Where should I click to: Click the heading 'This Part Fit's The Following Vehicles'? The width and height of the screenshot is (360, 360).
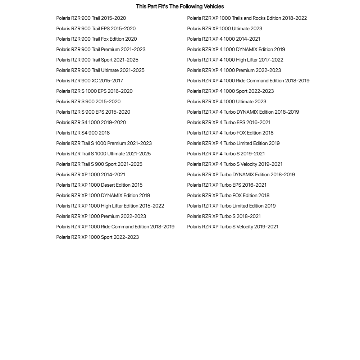[180, 6]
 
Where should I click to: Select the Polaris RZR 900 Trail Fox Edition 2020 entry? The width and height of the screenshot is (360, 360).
[96, 39]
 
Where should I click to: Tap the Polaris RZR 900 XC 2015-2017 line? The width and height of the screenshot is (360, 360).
[90, 81]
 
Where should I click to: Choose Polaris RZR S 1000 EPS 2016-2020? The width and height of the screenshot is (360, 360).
[94, 91]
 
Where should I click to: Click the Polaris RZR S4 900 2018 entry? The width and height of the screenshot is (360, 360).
[83, 133]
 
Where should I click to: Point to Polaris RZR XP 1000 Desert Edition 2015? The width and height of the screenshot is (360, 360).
[99, 185]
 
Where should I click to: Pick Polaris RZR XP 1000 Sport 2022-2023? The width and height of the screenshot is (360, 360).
[97, 237]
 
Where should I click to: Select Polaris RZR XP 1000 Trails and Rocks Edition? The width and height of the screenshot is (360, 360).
[247, 18]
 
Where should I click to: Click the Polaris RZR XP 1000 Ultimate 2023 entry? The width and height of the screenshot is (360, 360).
[224, 28]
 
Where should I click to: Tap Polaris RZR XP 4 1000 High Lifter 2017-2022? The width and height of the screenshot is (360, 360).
[235, 60]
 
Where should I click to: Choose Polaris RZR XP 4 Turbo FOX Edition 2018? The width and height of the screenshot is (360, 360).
[230, 133]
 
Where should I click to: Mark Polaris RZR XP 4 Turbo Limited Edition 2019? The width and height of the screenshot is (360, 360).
[233, 143]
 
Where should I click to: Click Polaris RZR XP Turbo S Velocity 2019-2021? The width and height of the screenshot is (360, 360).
[233, 227]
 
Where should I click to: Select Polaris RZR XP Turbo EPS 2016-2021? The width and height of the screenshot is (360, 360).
[227, 185]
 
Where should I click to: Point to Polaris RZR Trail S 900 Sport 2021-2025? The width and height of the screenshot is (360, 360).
[99, 164]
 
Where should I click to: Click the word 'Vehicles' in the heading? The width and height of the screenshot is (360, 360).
[214, 6]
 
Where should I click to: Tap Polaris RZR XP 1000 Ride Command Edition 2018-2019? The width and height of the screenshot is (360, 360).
[115, 227]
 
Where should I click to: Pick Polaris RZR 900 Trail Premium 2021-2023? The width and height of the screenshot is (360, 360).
[101, 49]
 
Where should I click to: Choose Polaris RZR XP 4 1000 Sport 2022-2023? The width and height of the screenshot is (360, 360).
[230, 91]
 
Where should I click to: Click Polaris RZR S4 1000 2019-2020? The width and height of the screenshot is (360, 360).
[91, 122]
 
